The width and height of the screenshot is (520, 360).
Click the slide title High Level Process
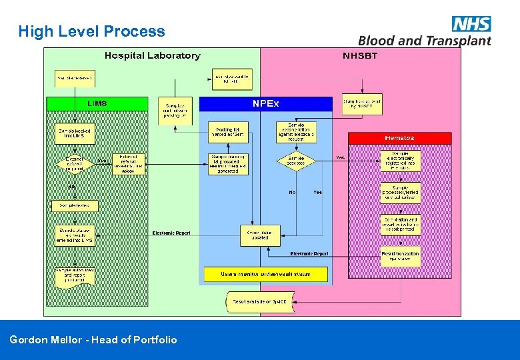(x=92, y=31)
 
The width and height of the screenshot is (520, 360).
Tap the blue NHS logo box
(x=471, y=24)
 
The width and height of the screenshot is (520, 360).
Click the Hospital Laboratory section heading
(x=152, y=55)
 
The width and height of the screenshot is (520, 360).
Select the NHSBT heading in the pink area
(x=360, y=55)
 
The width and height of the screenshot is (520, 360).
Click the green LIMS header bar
(x=97, y=103)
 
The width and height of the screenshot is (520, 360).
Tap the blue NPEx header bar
(x=265, y=103)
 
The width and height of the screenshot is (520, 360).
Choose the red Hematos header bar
(x=399, y=138)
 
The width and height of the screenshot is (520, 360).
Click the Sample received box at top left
(x=75, y=78)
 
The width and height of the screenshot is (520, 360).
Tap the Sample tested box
(x=75, y=206)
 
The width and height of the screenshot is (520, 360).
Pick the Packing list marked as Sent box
(x=228, y=132)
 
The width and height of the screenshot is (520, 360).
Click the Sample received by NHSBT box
(x=362, y=103)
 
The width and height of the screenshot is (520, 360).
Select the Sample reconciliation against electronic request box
(x=296, y=131)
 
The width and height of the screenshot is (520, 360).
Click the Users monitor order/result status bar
(x=265, y=274)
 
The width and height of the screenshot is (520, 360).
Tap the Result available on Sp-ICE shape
(x=259, y=302)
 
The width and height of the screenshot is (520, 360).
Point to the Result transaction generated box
(x=400, y=255)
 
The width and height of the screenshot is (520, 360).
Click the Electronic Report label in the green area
(x=171, y=233)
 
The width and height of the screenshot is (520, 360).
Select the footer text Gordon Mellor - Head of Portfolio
(x=93, y=340)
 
